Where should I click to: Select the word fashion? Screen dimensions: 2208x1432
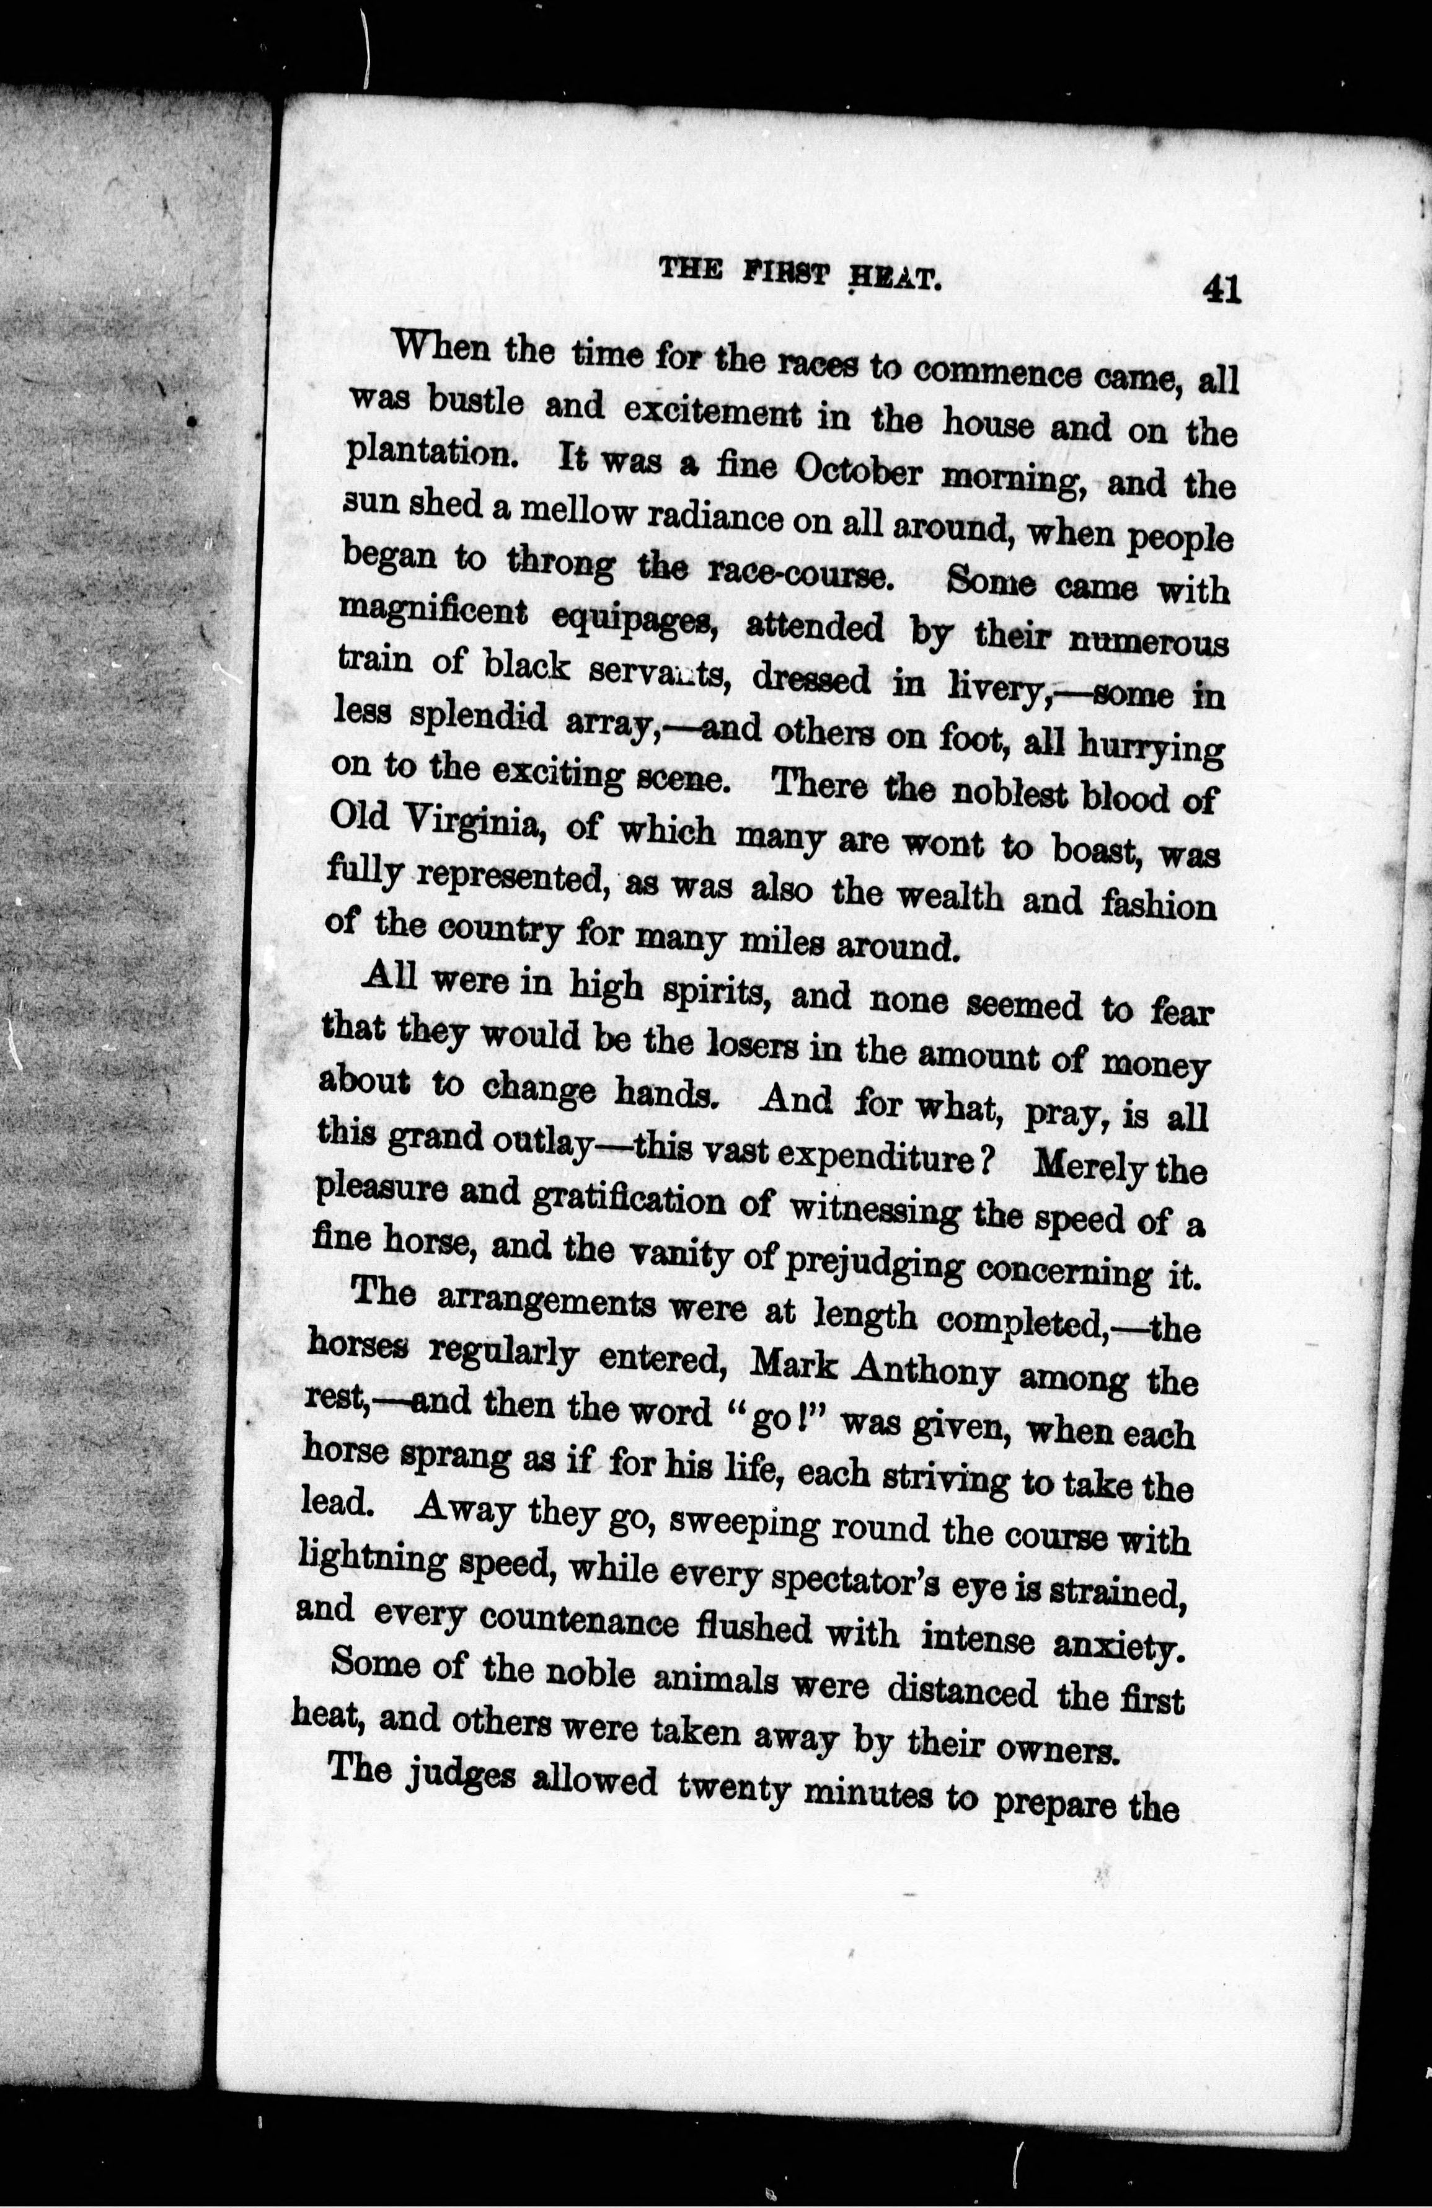1157,904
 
